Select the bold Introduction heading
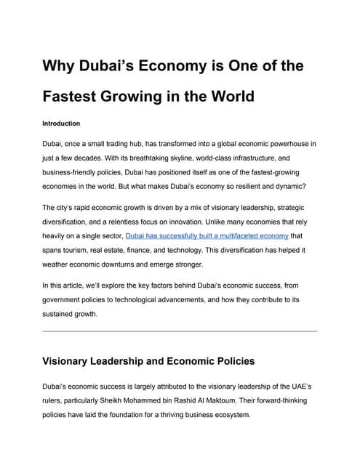coord(61,124)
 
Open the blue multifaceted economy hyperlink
coord(207,236)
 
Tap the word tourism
coord(89,250)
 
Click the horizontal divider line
coord(180,331)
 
